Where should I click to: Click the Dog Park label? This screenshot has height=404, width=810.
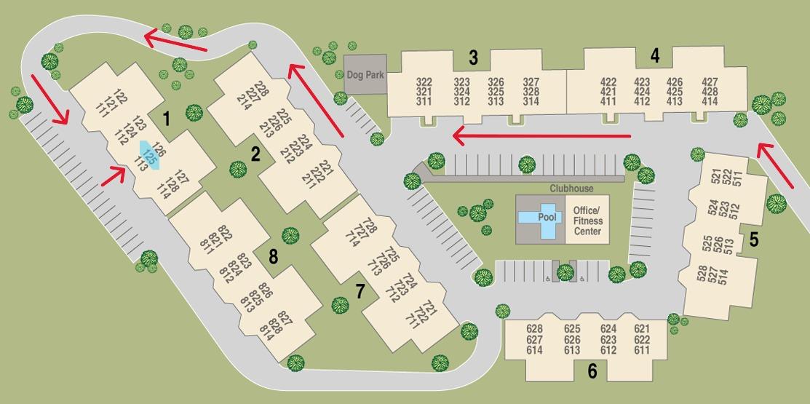(x=365, y=74)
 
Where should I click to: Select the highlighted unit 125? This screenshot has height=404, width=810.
(x=150, y=154)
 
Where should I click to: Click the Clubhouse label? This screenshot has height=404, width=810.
(x=571, y=189)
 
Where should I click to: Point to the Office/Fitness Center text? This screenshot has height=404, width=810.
(x=588, y=221)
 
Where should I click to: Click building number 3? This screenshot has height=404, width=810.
(x=474, y=56)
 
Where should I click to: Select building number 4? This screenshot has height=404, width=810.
(x=655, y=55)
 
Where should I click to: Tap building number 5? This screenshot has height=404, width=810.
(x=754, y=239)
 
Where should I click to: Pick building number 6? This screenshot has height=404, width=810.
(x=592, y=371)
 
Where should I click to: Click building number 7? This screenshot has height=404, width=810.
(x=360, y=291)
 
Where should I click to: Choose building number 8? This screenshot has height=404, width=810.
(x=273, y=256)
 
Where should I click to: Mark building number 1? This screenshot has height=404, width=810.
(x=167, y=118)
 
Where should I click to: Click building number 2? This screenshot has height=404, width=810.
(x=255, y=154)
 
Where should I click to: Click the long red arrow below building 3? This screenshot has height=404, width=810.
(x=541, y=135)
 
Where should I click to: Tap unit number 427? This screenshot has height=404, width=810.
(x=710, y=82)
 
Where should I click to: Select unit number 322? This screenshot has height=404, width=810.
(x=424, y=82)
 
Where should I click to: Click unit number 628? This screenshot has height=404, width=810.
(x=534, y=329)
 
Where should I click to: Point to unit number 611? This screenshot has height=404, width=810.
(x=641, y=350)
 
